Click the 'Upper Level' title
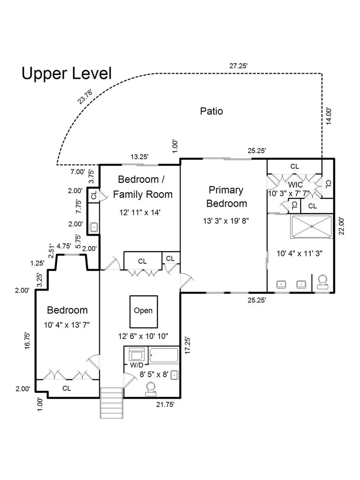(x=67, y=74)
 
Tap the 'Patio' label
(x=211, y=111)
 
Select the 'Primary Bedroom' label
(x=226, y=196)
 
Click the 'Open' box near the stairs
(x=143, y=311)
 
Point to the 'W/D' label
(x=136, y=365)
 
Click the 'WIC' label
(x=295, y=185)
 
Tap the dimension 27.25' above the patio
(x=238, y=66)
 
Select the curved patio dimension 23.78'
(x=85, y=96)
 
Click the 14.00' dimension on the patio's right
(x=329, y=116)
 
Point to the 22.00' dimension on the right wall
(x=342, y=226)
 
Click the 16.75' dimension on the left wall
(x=28, y=340)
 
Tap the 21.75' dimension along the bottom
(x=165, y=405)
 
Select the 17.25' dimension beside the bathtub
(x=187, y=345)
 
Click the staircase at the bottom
(x=112, y=403)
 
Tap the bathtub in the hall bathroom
(x=164, y=355)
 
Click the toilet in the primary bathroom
(x=323, y=282)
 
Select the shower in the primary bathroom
(x=312, y=226)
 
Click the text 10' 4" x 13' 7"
(x=67, y=325)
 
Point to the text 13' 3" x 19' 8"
(x=226, y=221)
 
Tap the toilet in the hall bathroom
(x=151, y=388)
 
